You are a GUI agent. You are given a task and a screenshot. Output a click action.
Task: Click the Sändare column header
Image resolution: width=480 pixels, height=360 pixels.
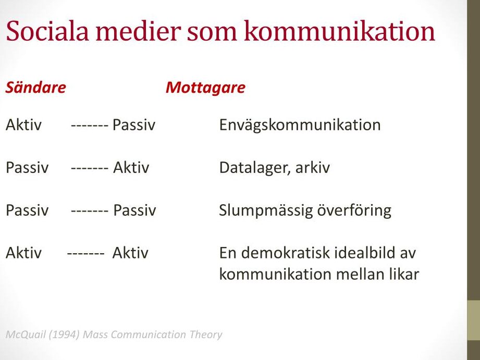point(35,87)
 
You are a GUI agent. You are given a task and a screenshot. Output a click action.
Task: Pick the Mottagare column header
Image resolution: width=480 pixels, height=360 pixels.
point(205,88)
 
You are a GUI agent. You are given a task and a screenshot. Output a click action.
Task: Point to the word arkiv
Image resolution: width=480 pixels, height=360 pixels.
point(313,167)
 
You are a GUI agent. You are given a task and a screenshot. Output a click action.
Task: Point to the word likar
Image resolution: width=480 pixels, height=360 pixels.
point(404,274)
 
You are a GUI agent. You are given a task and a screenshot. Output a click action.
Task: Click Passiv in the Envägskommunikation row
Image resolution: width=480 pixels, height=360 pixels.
point(134,125)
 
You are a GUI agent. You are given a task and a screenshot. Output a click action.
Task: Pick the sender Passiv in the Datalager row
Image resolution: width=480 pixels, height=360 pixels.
point(27,167)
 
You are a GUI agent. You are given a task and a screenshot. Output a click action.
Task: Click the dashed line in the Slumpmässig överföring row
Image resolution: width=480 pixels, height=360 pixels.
point(90,211)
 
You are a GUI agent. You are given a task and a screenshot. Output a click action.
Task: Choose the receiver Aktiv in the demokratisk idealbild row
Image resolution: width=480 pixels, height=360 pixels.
point(130,253)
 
